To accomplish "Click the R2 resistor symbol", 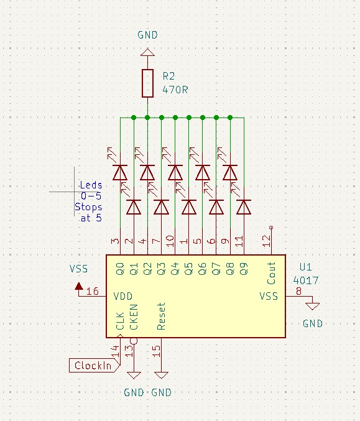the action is (x=147, y=83).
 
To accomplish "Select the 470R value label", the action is (x=175, y=90).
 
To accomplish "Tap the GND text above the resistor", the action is (x=147, y=35).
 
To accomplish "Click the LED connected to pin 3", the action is (x=120, y=172).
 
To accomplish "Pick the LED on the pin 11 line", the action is (x=244, y=207).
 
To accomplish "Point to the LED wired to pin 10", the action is (x=175, y=172).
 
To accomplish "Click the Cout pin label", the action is (x=271, y=273).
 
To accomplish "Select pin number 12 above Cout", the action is (x=265, y=241).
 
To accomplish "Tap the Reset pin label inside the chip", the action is (x=161, y=317).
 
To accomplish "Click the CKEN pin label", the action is (x=134, y=317).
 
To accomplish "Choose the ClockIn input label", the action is (x=93, y=366).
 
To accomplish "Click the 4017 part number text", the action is (x=306, y=280).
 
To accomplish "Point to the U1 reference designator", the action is (x=305, y=267).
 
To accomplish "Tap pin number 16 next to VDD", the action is (x=93, y=291).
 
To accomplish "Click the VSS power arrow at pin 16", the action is (x=79, y=287).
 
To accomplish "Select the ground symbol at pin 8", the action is (x=313, y=306).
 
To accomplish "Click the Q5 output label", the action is (x=189, y=269).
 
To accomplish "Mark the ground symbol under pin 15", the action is (x=161, y=375).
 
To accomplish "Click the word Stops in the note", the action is (x=88, y=207).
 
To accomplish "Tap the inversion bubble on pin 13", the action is (x=134, y=341).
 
